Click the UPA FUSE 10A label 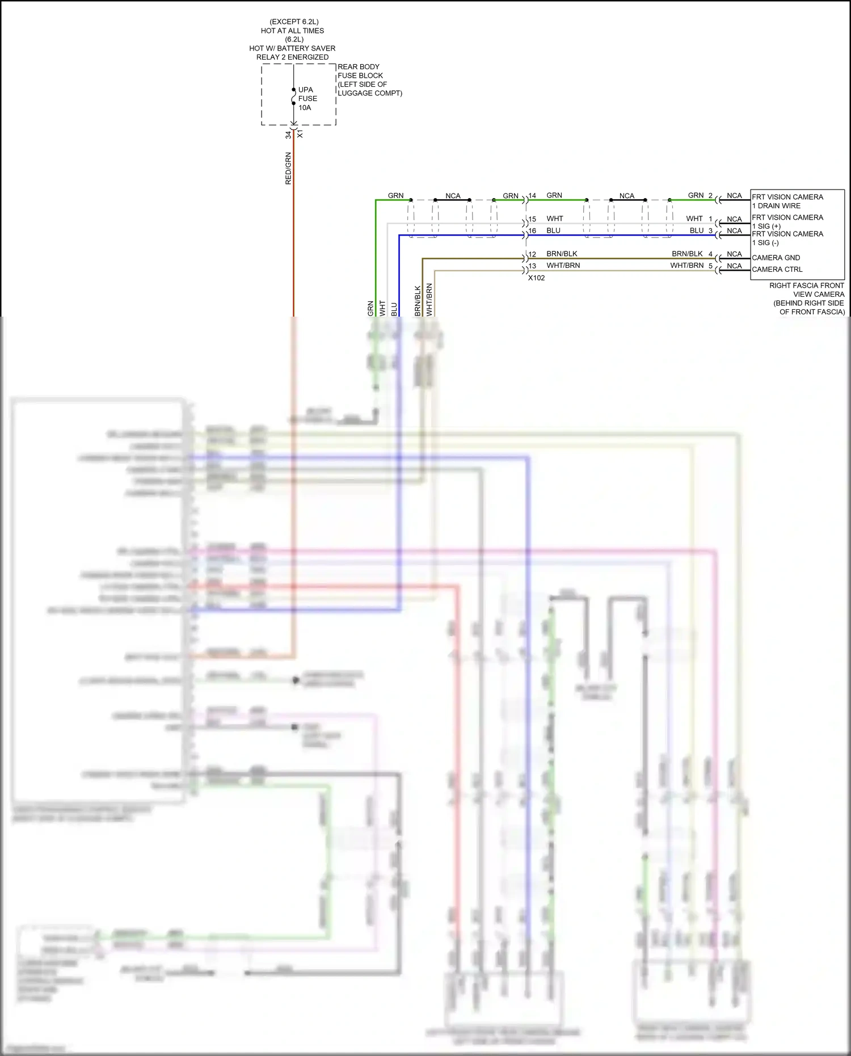tap(307, 99)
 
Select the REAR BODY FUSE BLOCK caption tap(369, 80)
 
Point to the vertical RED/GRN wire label tap(288, 169)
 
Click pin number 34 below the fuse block tap(288, 135)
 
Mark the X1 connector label tap(300, 134)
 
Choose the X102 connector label tap(536, 278)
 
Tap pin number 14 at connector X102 tap(532, 196)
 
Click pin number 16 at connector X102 tap(532, 231)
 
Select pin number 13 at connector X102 tap(532, 266)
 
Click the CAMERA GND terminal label tap(776, 258)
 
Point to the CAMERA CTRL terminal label tap(777, 270)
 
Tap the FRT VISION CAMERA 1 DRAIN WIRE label tap(787, 201)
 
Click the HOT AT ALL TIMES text tap(292, 31)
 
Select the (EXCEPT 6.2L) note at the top tap(294, 22)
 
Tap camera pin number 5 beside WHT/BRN tap(710, 266)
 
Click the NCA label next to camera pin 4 tap(734, 254)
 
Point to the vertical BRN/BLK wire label tap(418, 301)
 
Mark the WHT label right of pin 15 tap(554, 219)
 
